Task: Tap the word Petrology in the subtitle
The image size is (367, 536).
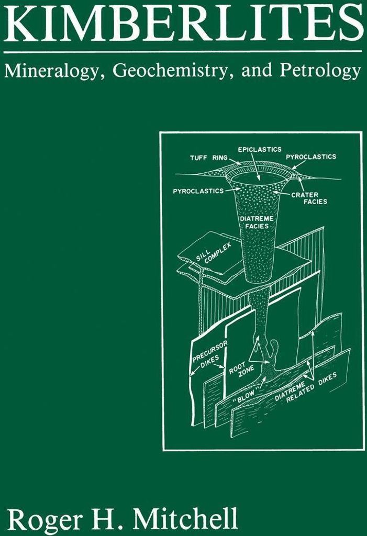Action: click(320, 71)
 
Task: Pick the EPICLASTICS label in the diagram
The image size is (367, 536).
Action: click(260, 149)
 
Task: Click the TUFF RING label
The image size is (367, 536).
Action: click(209, 158)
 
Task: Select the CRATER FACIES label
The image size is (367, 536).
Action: click(309, 198)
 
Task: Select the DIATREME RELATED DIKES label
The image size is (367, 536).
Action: click(305, 387)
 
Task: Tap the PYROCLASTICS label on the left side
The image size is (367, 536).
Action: click(198, 191)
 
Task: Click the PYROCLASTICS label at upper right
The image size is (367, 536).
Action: click(311, 157)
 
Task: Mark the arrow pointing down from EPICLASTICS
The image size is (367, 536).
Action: click(255, 167)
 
